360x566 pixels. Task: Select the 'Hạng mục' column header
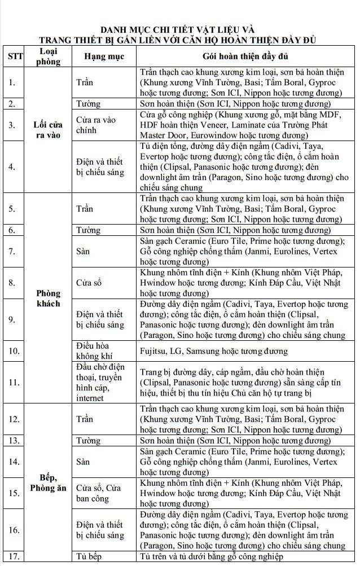(104, 57)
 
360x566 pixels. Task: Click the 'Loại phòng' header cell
(48, 56)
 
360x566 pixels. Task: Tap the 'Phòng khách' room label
(48, 299)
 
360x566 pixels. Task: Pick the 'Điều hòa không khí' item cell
(93, 351)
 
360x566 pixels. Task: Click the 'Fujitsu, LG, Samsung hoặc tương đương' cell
(214, 351)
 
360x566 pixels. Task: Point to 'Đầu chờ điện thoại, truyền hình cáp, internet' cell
(100, 383)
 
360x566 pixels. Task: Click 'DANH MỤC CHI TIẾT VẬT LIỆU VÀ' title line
(180, 29)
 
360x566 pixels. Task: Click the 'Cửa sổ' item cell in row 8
(89, 282)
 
